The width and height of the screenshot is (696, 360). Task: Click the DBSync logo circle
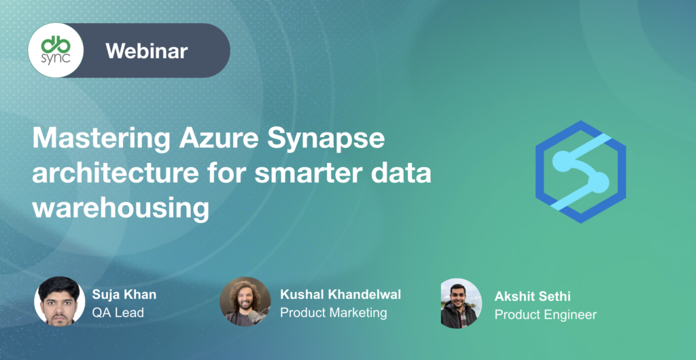tap(56, 50)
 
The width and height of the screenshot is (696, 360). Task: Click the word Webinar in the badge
tap(147, 50)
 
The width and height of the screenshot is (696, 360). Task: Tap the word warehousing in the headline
tap(120, 208)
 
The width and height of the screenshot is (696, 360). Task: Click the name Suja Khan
tap(124, 295)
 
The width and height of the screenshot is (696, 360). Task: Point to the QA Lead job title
tap(118, 313)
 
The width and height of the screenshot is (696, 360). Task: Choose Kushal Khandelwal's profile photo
tap(245, 301)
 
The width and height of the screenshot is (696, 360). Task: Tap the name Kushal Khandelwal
tap(341, 295)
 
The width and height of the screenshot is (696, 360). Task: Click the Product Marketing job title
tap(334, 313)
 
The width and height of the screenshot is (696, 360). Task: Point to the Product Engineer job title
tap(546, 315)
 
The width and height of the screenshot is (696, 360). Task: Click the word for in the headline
tap(230, 174)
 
